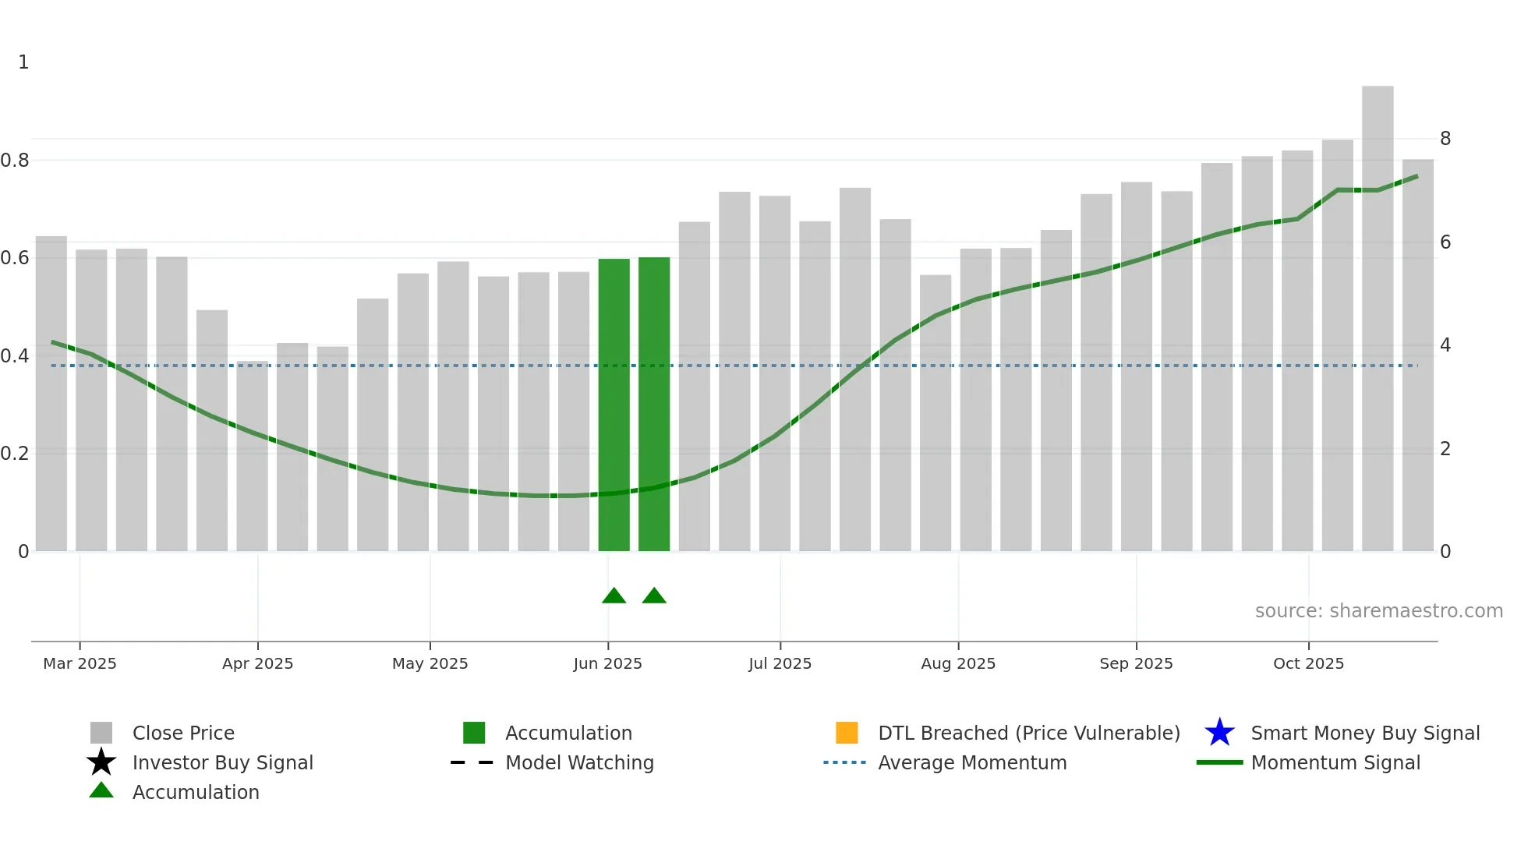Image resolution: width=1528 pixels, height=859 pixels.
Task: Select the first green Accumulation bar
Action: coord(614,405)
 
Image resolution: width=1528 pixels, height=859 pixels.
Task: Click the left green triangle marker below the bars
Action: coord(614,596)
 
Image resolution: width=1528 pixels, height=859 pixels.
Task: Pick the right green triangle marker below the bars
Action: coord(654,596)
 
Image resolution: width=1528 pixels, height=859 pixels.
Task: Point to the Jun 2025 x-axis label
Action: coord(607,663)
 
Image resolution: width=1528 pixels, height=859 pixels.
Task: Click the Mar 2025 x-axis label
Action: coord(80,663)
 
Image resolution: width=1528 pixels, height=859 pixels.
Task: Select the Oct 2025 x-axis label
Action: coord(1308,663)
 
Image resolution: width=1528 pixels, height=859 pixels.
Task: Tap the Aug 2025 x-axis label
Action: coord(958,663)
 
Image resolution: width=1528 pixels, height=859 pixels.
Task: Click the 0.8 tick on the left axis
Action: coord(15,161)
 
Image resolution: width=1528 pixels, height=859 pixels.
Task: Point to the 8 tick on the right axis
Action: coord(1445,139)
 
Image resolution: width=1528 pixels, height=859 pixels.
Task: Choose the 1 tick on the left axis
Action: coord(23,62)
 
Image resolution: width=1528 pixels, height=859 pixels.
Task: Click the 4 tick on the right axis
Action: coord(1445,345)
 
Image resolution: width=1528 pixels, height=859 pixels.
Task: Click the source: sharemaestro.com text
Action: coord(1378,611)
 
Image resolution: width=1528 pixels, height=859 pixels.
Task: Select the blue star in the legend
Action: coord(1219,733)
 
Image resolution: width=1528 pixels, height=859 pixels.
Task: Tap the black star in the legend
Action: coord(101,762)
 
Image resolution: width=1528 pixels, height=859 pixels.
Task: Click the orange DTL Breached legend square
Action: coord(847,733)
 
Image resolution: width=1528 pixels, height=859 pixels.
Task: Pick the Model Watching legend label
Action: coord(579,762)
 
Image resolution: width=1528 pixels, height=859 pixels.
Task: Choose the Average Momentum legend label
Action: coord(972,762)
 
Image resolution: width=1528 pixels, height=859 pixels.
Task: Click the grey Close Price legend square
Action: coord(101,733)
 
